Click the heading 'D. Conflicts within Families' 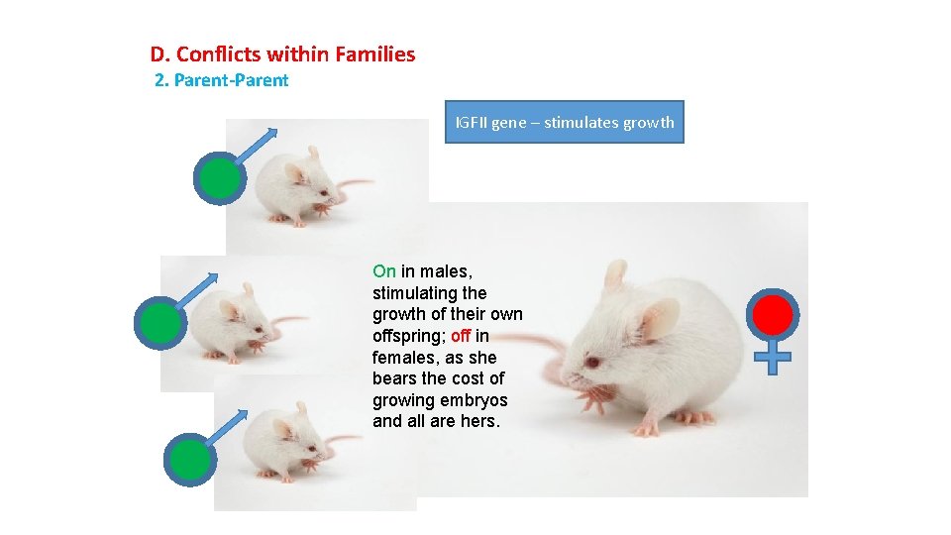click(282, 54)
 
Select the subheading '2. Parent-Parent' click(222, 81)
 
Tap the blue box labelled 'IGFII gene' click(564, 123)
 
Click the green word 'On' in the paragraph click(384, 271)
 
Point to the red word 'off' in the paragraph click(460, 336)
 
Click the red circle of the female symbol click(774, 315)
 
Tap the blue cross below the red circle click(778, 359)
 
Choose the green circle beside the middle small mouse click(160, 323)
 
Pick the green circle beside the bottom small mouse click(189, 458)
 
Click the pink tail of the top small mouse click(351, 184)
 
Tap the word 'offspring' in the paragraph click(408, 336)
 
